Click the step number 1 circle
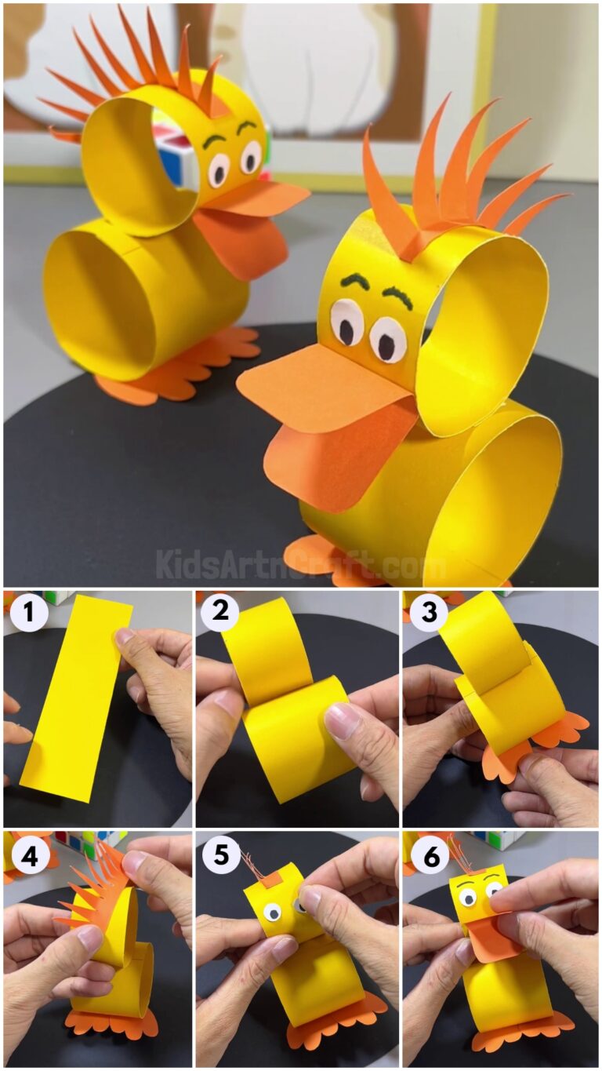pyautogui.click(x=29, y=613)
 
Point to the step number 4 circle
pyautogui.click(x=29, y=855)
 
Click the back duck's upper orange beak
pyautogui.click(x=263, y=200)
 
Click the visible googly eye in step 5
pyautogui.click(x=272, y=911)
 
